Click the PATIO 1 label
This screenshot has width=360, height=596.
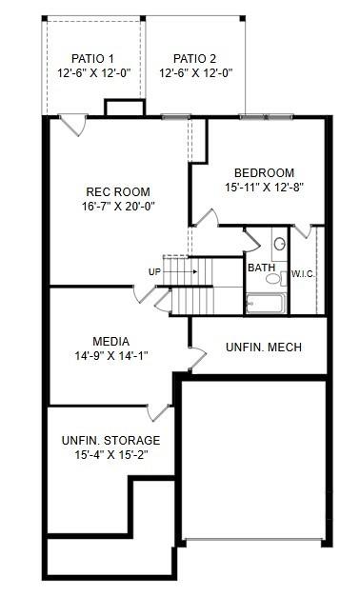(92, 58)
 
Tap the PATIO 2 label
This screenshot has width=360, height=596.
(195, 58)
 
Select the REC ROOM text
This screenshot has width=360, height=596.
(118, 191)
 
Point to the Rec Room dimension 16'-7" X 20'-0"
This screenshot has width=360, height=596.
(118, 206)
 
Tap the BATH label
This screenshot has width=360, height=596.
(262, 268)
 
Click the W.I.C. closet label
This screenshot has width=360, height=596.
(303, 274)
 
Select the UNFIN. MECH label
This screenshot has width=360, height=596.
(264, 348)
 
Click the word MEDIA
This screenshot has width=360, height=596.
(111, 341)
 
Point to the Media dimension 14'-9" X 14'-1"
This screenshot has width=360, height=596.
(111, 355)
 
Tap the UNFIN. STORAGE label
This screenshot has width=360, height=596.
(110, 441)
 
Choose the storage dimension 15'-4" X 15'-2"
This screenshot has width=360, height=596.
(110, 455)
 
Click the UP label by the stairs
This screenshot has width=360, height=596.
(154, 271)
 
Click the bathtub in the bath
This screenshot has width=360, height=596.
(266, 304)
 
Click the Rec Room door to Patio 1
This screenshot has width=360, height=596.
(70, 126)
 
